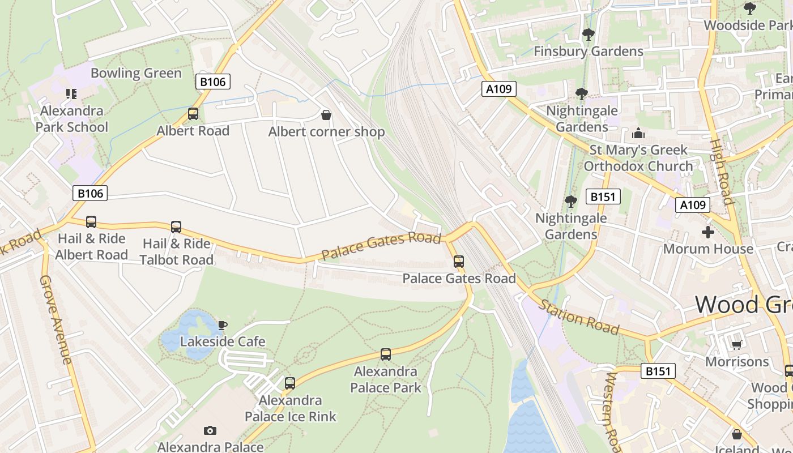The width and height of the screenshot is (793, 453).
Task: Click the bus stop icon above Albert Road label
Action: pos(193,114)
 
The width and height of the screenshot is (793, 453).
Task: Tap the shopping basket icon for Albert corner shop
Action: pos(326,116)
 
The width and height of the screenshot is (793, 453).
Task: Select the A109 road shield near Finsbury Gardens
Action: pos(499,88)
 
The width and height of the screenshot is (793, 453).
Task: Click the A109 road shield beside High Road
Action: pos(692,205)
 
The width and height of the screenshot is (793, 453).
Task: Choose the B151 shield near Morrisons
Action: pos(658,371)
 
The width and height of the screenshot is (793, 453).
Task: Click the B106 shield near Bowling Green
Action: pos(213,82)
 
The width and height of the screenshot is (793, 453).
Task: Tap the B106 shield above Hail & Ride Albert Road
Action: pos(90,193)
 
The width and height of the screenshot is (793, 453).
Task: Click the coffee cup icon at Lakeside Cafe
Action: pos(223,325)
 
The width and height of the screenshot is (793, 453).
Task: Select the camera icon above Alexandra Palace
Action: pos(210,431)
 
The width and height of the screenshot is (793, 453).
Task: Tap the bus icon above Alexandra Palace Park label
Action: pos(386,354)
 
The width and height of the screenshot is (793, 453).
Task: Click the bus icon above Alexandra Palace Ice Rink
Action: pos(290,383)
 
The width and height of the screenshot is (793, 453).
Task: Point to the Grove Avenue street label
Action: pos(56,320)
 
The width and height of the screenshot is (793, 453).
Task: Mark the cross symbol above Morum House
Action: pos(708,232)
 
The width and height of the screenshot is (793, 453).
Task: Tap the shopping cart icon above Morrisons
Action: pos(736,345)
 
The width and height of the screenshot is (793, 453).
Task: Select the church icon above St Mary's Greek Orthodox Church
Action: pos(638,134)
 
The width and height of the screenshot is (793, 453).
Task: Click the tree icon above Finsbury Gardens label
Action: pos(589,35)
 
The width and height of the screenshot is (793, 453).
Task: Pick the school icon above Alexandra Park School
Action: pos(71,94)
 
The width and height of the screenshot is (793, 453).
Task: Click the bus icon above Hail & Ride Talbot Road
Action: pos(176,227)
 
